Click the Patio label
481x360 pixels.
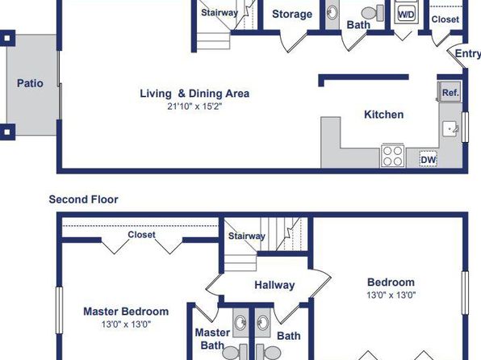click(x=30, y=83)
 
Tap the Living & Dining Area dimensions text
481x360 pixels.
click(x=194, y=107)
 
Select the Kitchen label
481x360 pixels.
click(x=384, y=115)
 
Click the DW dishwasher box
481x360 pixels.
click(x=428, y=159)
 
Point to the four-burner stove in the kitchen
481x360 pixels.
click(x=393, y=156)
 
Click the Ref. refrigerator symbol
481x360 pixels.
click(x=450, y=92)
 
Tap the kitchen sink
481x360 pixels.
click(x=450, y=129)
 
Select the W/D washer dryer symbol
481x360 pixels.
click(x=406, y=14)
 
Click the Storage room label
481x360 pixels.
click(x=292, y=14)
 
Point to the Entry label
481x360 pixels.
click(x=467, y=53)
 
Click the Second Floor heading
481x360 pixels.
click(x=83, y=199)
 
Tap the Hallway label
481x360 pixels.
click(x=274, y=285)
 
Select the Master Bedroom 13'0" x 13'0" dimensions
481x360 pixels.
click(x=126, y=324)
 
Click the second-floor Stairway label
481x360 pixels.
click(x=247, y=236)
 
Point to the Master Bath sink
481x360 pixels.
click(x=240, y=323)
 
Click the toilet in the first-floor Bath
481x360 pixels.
click(x=373, y=13)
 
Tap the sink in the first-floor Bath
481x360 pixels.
click(x=333, y=13)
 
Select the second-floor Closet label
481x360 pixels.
click(x=141, y=234)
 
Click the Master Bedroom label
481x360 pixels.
click(x=126, y=312)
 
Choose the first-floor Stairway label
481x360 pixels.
click(x=220, y=13)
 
